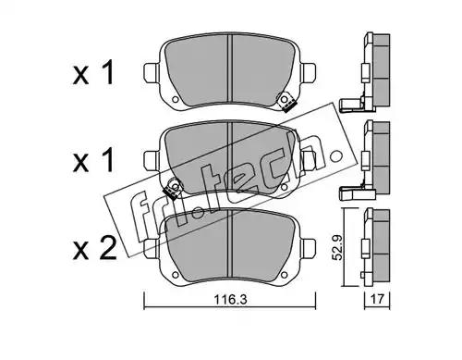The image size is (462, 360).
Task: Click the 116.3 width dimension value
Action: pyautogui.click(x=230, y=299)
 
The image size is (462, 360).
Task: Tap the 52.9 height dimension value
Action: pyautogui.click(x=338, y=247)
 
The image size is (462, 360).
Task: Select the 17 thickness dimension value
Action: pyautogui.click(x=378, y=299)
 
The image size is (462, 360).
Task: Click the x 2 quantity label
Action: pyautogui.click(x=95, y=248)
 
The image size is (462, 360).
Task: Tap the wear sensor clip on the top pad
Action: pyautogui.click(x=286, y=102)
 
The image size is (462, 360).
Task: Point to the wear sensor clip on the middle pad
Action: pyautogui.click(x=173, y=188)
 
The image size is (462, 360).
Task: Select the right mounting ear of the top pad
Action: pyautogui.click(x=308, y=73)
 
